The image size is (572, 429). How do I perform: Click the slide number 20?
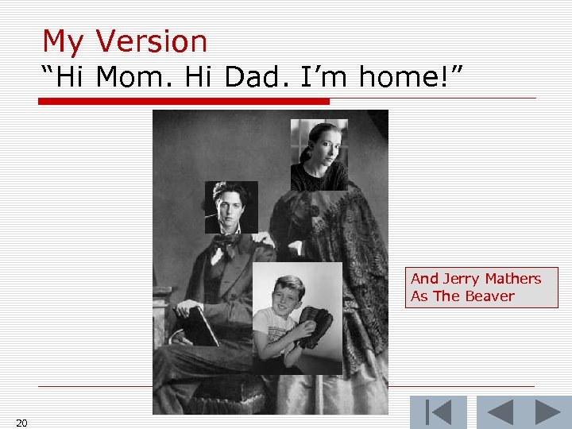[21, 423]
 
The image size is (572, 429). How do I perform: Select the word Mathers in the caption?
[511, 278]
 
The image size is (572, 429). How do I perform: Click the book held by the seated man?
[200, 325]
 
